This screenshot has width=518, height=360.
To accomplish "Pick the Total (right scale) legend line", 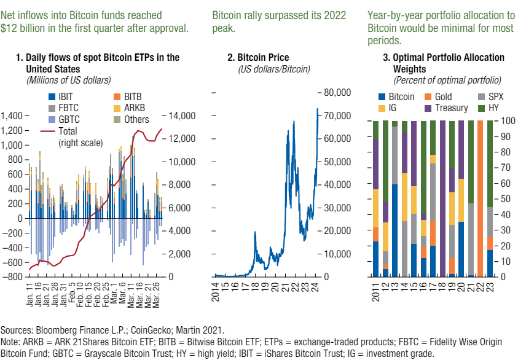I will [73, 131].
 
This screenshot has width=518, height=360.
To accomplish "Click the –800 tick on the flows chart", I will [13, 276].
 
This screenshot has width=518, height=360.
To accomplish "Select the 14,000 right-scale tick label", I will [182, 116].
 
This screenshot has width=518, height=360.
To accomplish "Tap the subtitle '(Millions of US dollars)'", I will [68, 80].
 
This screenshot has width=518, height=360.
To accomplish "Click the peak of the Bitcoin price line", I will [318, 109].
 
